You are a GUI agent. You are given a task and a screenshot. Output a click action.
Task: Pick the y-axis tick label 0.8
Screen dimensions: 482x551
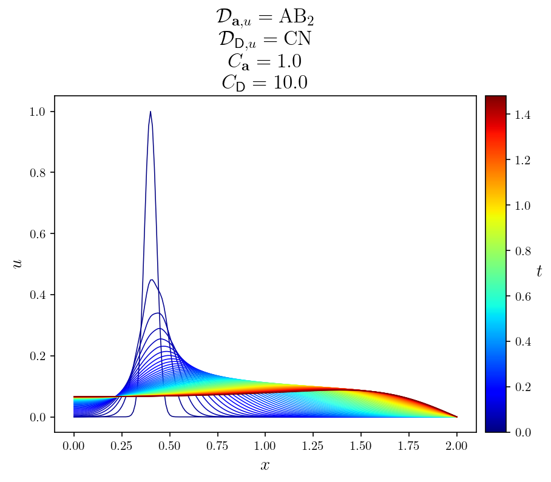[38, 173]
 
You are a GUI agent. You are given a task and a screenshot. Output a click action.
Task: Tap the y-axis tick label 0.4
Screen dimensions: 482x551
[38, 295]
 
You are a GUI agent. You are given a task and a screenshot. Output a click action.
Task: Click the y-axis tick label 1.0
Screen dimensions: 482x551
[38, 112]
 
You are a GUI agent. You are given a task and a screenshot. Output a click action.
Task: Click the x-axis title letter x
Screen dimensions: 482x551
[265, 466]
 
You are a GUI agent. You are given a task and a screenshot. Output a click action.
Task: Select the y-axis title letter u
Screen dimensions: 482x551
[18, 264]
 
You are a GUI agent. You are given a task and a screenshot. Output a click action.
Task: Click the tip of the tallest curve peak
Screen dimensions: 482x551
[150, 112]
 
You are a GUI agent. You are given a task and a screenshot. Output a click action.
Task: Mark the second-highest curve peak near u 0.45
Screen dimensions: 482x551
[152, 279]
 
